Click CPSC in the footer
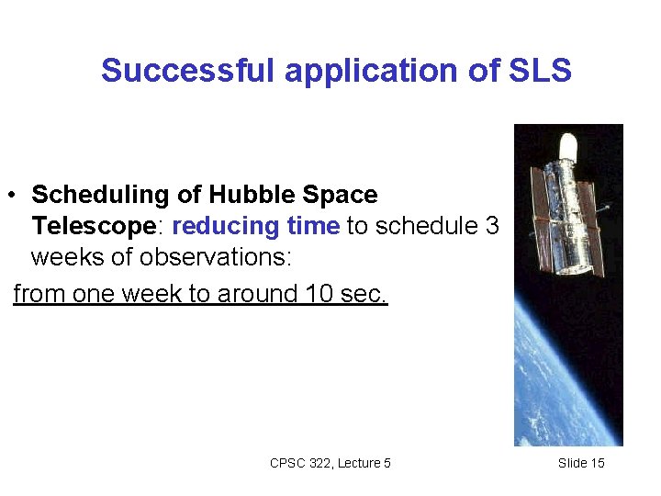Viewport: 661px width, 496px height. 286,463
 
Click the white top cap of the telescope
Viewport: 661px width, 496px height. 568,144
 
